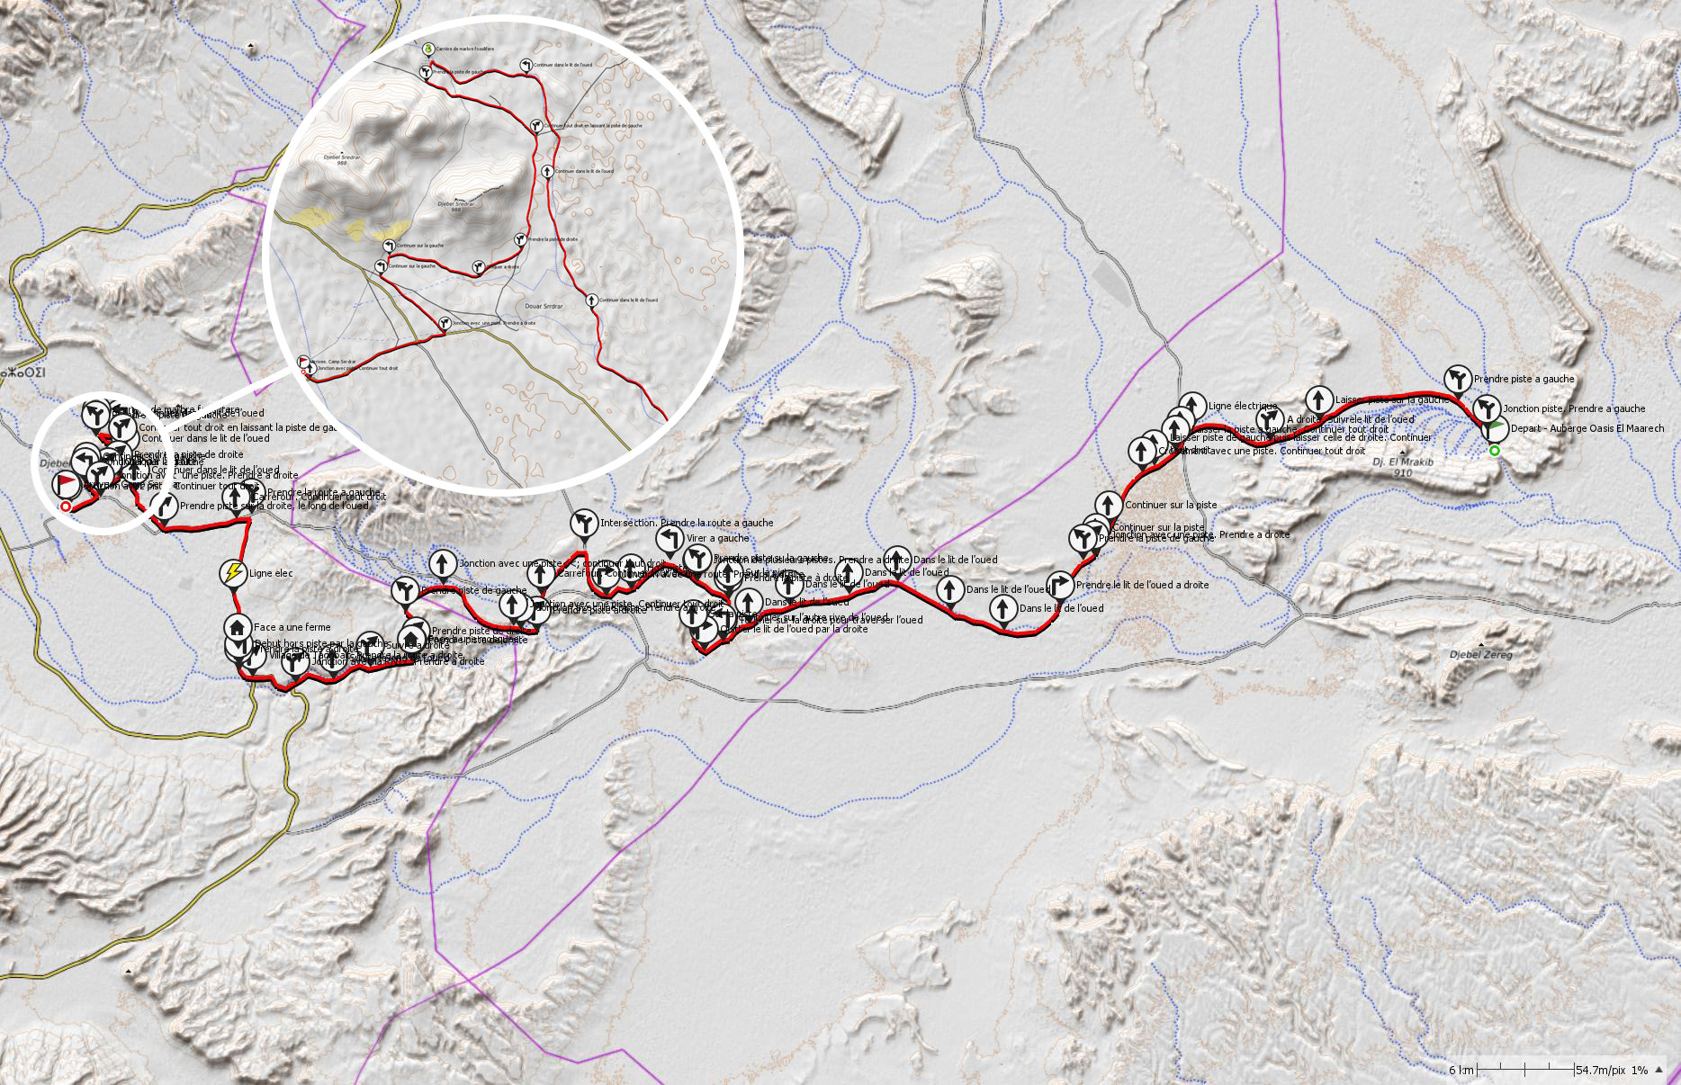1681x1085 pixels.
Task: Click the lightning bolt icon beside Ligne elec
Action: coord(233,572)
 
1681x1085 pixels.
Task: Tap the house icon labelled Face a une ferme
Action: coord(238,625)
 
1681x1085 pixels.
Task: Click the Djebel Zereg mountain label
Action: coord(1481,655)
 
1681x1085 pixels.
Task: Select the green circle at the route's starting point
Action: coord(1495,451)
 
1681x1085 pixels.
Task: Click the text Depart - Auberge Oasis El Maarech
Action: coord(1587,429)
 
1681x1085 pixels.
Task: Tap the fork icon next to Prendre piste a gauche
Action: coord(1458,378)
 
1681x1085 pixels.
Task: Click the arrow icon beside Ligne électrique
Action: coord(1192,405)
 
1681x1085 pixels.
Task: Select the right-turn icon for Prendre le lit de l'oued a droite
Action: coord(1060,584)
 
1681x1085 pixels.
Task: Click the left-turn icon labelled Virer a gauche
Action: coord(670,538)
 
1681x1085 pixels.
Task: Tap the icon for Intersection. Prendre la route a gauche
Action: coord(584,522)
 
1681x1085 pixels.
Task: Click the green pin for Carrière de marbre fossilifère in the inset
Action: coord(428,48)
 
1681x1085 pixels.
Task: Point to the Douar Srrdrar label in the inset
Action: coord(543,306)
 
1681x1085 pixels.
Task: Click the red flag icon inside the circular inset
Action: coord(302,360)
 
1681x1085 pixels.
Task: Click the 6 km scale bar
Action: coord(1524,1069)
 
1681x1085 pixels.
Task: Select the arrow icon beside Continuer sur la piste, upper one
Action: coord(1110,504)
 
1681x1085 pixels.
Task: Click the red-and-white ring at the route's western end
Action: coord(65,507)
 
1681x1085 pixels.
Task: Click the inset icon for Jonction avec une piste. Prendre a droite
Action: coord(444,322)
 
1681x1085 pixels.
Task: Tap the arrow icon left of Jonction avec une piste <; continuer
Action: coord(442,563)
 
